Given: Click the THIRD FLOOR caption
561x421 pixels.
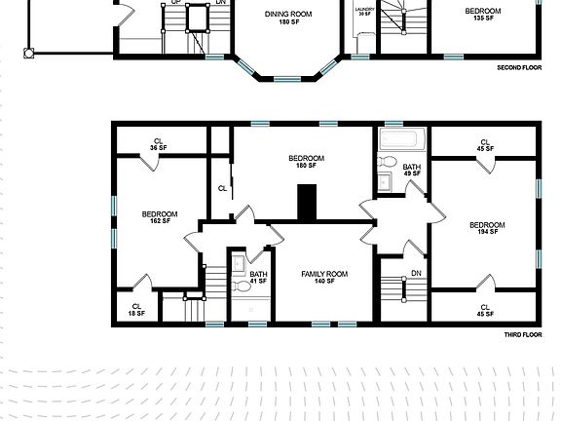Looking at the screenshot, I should click(x=522, y=334).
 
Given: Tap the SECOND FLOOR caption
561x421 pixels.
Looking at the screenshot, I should click(x=519, y=68).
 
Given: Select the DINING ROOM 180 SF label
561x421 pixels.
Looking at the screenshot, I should click(x=288, y=18).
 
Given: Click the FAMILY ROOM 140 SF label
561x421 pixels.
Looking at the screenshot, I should click(x=324, y=277).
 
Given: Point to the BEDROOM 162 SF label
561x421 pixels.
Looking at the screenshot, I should click(x=159, y=217).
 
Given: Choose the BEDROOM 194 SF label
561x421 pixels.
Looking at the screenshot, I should click(x=486, y=228).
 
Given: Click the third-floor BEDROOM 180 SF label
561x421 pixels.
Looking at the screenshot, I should click(x=306, y=162).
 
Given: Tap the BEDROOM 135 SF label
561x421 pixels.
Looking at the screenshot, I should click(x=482, y=14).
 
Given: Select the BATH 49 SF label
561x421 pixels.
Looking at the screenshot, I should click(x=412, y=172).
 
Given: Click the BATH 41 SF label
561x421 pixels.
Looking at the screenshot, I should click(x=258, y=278).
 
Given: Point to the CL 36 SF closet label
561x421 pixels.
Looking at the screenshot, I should click(x=159, y=143).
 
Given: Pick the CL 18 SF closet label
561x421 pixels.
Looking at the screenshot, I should click(x=137, y=309).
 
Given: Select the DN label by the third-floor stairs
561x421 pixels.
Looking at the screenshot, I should click(x=416, y=273).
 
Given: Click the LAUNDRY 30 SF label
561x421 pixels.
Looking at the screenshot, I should click(x=363, y=12).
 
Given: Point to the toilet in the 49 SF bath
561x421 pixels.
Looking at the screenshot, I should click(x=387, y=162).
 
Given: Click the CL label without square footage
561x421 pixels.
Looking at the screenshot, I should click(x=222, y=188).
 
